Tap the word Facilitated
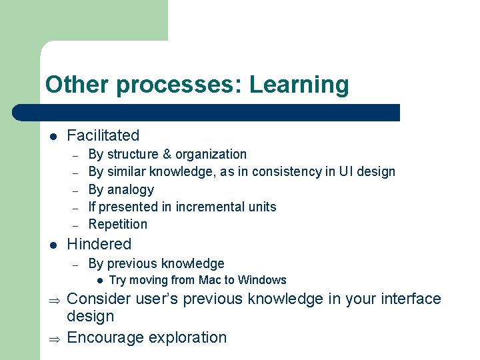(103, 135)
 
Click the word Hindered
(99, 244)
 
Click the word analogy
(131, 189)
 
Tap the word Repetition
(118, 224)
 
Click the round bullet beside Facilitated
(53, 137)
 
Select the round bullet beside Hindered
(53, 245)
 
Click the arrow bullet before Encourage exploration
(54, 339)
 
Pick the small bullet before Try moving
(99, 281)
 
